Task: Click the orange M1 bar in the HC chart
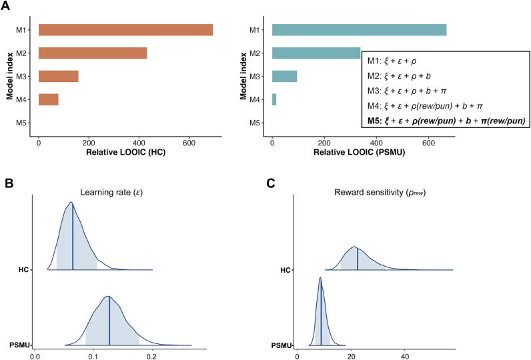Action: tap(125, 30)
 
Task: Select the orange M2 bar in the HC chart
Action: tap(93, 53)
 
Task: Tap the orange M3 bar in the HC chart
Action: tap(59, 76)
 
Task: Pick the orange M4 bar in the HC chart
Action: tap(49, 99)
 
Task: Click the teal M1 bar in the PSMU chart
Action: tap(359, 30)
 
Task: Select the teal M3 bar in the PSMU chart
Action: tap(284, 76)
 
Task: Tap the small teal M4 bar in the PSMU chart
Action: tap(274, 99)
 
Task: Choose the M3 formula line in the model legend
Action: tap(415, 91)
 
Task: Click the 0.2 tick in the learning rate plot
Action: tap(152, 355)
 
